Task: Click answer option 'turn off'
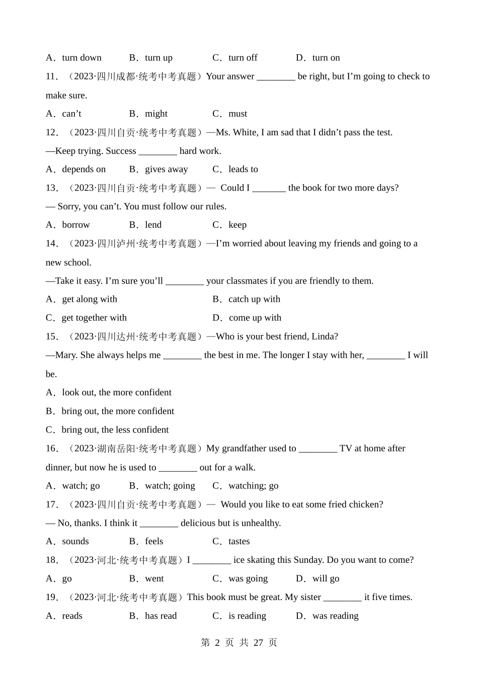click(243, 58)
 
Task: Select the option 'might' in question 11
click(156, 114)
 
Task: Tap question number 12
click(51, 132)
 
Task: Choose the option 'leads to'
click(243, 170)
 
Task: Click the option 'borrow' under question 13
click(75, 225)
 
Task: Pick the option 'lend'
click(153, 225)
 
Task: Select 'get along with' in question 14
click(89, 299)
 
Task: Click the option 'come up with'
click(255, 318)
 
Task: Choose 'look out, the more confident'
click(116, 392)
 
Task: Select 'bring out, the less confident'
click(115, 430)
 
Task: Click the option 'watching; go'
click(253, 486)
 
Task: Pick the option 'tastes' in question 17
click(239, 541)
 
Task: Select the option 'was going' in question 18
click(248, 578)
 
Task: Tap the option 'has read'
click(161, 616)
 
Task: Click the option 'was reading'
click(335, 616)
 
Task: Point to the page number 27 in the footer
click(259, 642)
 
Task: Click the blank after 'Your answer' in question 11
click(276, 77)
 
